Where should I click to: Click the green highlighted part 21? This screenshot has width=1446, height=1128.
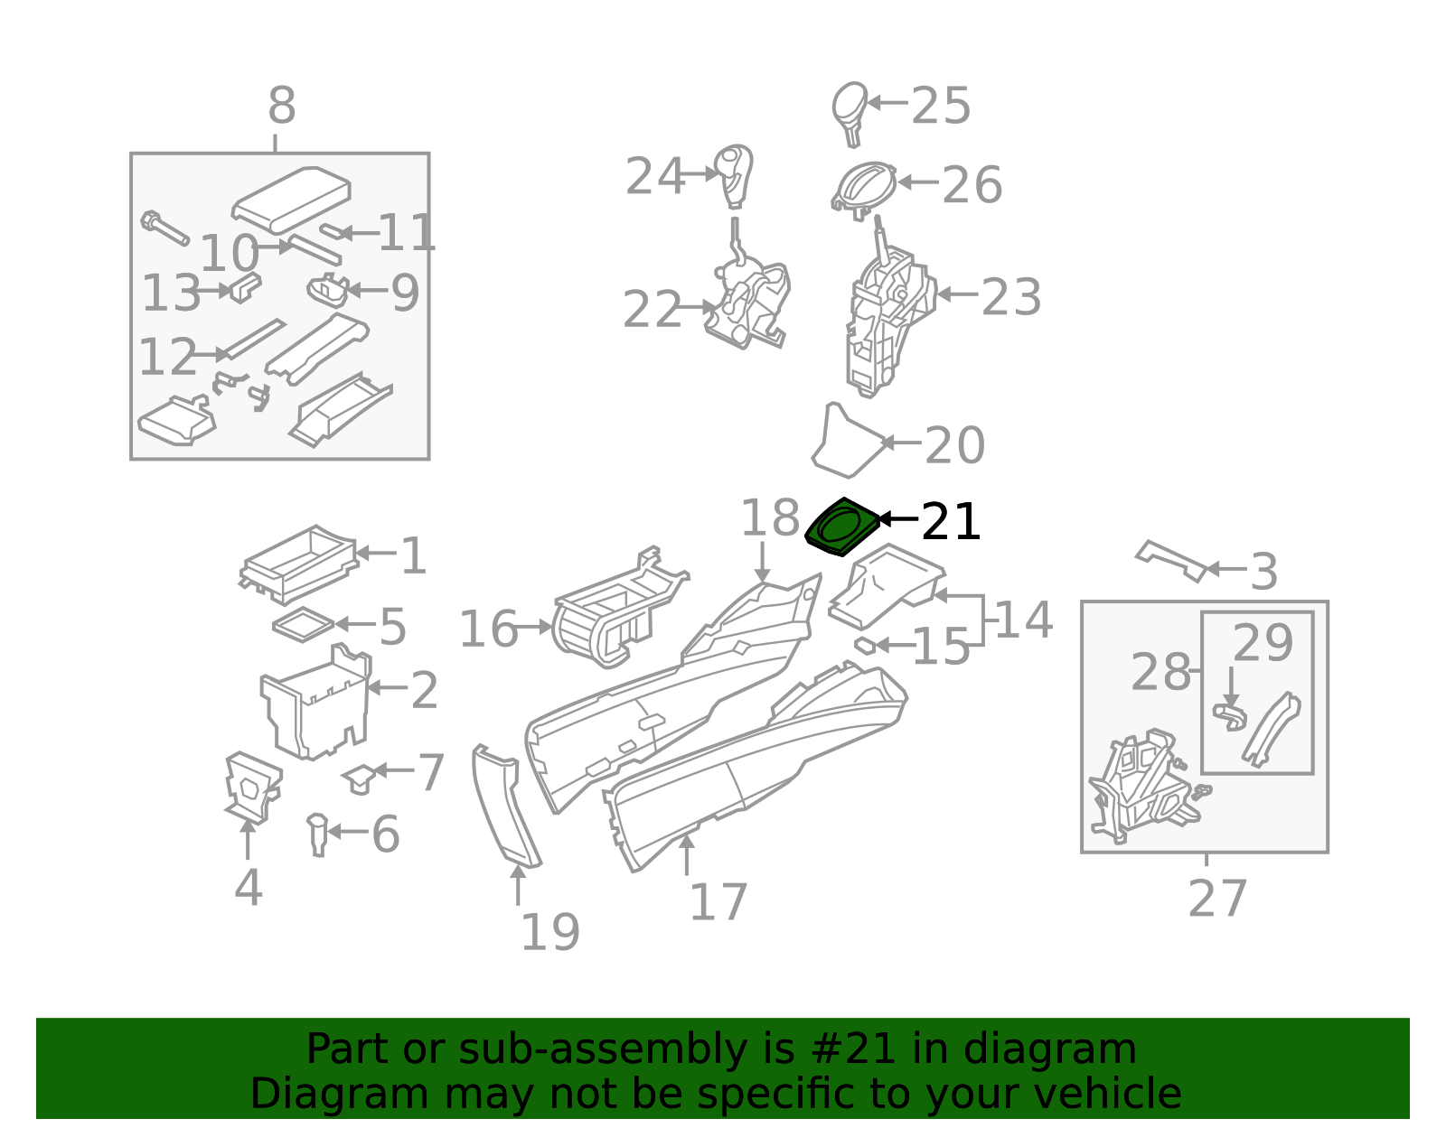coord(841,527)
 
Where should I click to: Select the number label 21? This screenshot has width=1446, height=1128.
coord(950,522)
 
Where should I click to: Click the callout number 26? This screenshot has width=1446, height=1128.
coord(972,185)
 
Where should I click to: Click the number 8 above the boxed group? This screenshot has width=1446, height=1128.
coord(281,107)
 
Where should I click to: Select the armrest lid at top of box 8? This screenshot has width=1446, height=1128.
coord(291,197)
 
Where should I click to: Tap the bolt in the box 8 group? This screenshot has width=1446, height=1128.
coord(163,228)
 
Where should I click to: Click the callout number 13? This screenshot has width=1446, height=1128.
coord(170,293)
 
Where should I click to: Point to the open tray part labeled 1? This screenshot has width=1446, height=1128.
coord(298,564)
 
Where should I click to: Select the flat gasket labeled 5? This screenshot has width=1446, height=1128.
coord(303,625)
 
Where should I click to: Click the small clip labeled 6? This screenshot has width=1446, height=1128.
coord(317,833)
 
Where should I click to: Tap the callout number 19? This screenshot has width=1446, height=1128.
coord(549,932)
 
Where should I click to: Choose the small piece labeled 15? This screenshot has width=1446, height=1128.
coord(864,645)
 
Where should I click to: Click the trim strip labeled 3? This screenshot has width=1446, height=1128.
coord(1171,559)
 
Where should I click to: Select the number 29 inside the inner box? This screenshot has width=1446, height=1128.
coord(1262,644)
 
